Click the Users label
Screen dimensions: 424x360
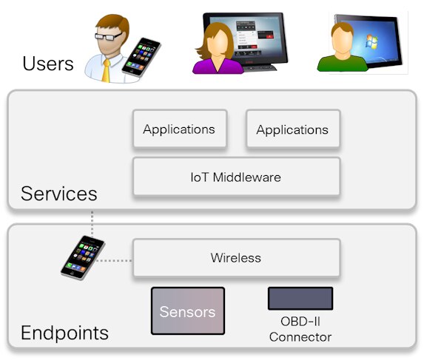48,64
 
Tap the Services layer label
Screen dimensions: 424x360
59,194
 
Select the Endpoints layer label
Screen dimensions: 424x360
64,333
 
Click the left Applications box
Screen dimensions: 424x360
180,129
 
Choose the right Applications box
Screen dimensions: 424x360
293,129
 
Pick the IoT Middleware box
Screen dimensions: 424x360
236,177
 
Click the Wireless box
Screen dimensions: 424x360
236,258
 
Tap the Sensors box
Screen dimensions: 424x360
188,311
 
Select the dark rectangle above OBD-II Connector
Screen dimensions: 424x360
300,299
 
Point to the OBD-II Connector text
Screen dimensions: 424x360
300,329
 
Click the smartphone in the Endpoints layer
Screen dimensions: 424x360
82,257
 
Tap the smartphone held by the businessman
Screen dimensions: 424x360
141,57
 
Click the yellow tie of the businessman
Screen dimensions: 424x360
106,71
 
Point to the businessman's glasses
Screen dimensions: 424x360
109,36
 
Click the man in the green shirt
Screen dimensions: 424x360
342,47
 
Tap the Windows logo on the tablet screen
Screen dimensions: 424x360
371,42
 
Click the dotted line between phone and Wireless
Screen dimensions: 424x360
114,261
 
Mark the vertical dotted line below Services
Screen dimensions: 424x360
92,224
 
